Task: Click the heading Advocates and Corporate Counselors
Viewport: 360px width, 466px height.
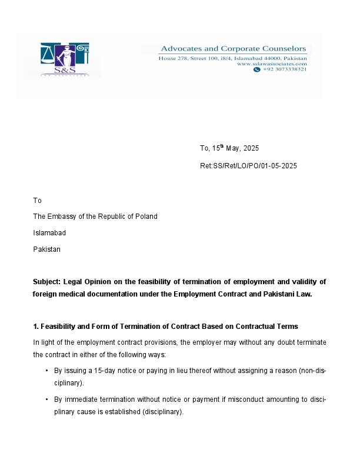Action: click(x=234, y=49)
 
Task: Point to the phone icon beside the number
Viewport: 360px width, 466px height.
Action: click(x=256, y=69)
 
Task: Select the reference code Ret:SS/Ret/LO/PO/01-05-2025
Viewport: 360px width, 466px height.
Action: click(x=248, y=166)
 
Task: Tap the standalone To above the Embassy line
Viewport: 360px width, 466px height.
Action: click(x=37, y=201)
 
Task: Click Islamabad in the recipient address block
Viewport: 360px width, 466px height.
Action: click(x=49, y=233)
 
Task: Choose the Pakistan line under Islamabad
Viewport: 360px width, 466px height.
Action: click(x=46, y=249)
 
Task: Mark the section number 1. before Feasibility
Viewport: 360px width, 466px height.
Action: click(x=36, y=326)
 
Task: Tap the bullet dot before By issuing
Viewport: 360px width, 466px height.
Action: click(x=46, y=371)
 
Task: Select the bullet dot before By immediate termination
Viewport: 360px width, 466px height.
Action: click(x=46, y=400)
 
